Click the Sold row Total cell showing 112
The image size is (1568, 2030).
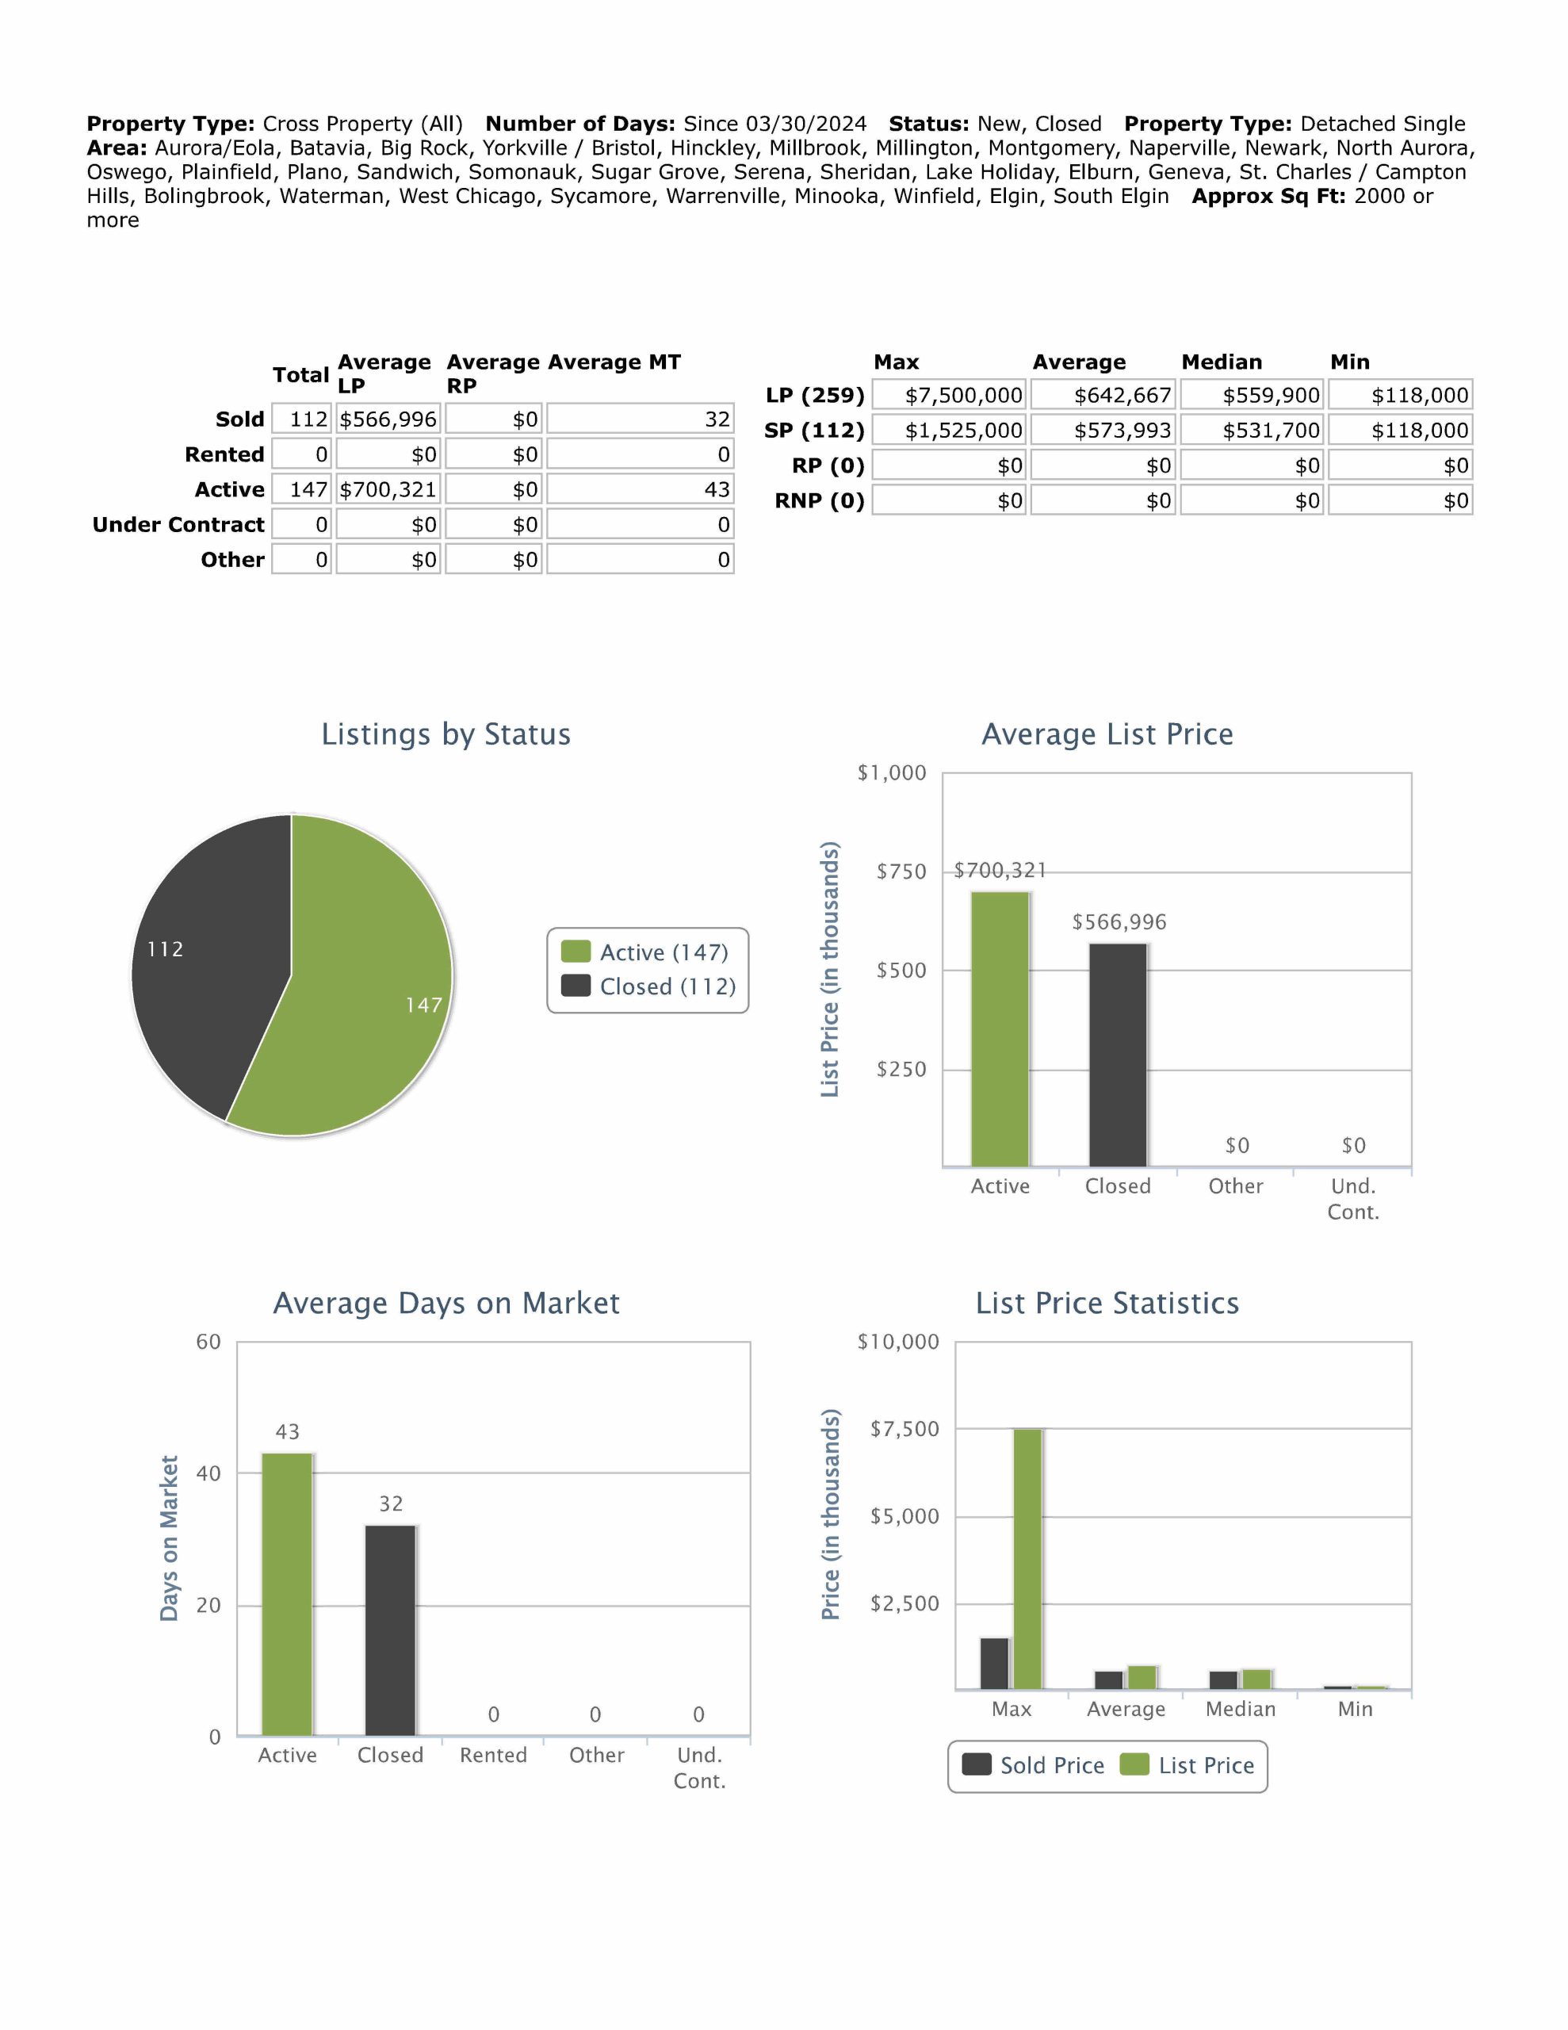point(302,419)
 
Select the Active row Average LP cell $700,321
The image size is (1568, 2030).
point(388,490)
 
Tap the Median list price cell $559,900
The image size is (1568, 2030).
point(1251,395)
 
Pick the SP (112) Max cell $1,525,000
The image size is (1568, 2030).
point(949,431)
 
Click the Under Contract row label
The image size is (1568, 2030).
point(178,525)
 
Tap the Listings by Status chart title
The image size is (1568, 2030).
point(446,734)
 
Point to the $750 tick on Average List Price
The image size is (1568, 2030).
point(901,871)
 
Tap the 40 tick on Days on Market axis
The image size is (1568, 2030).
point(208,1473)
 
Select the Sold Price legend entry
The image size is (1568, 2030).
point(1034,1765)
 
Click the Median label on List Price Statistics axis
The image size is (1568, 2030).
point(1240,1710)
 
